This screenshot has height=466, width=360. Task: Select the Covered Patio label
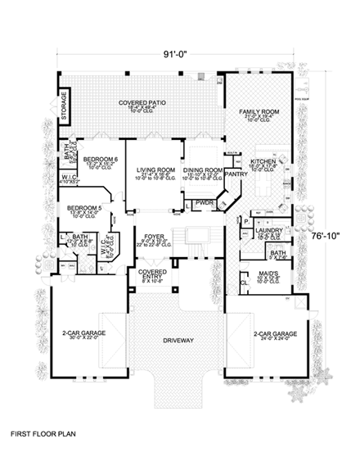pyautogui.click(x=142, y=102)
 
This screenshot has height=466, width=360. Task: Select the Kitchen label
pyautogui.click(x=264, y=161)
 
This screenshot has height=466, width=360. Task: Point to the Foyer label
pyautogui.click(x=154, y=235)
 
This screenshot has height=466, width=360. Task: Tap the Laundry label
pyautogui.click(x=268, y=232)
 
